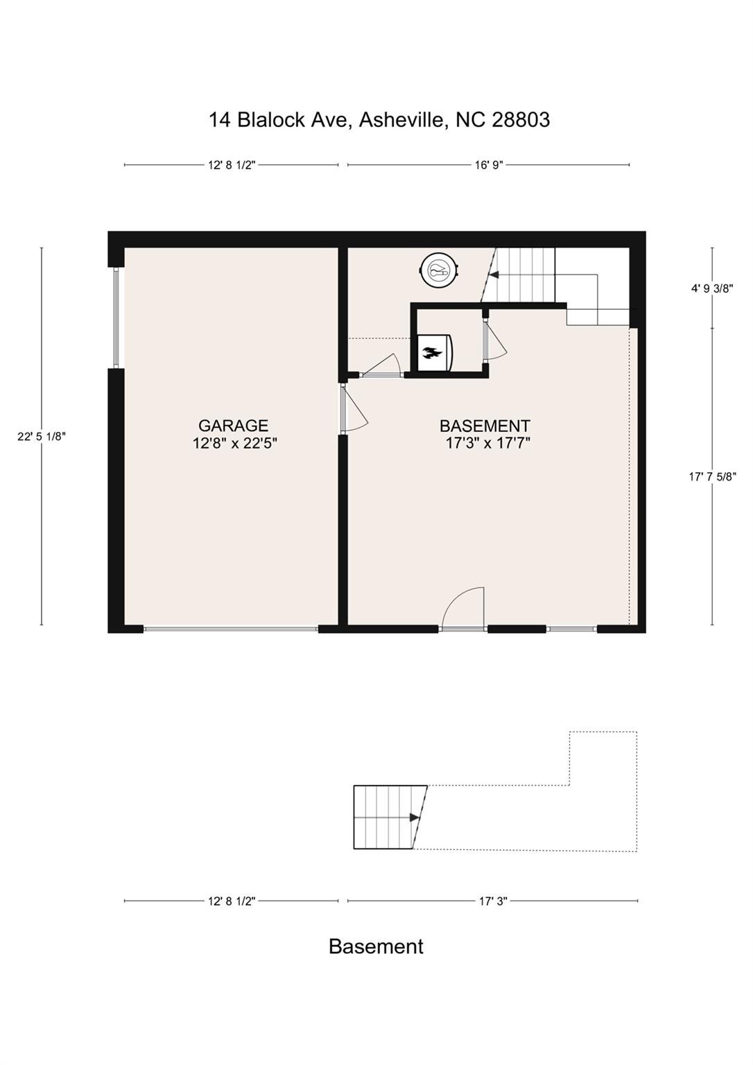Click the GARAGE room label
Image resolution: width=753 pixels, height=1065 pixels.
[x=233, y=424]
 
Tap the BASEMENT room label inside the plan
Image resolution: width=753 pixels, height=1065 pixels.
[x=485, y=425]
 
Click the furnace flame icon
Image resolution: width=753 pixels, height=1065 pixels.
[x=432, y=353]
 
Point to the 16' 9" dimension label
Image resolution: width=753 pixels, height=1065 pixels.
[x=489, y=165]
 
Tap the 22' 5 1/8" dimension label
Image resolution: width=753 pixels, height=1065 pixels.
[x=42, y=436]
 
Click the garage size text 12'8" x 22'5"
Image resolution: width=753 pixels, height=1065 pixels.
[x=235, y=444]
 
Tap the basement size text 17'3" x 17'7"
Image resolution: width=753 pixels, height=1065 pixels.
[x=487, y=444]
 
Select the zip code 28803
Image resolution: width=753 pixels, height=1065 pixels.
[x=521, y=120]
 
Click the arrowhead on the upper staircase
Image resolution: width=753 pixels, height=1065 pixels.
[x=494, y=275]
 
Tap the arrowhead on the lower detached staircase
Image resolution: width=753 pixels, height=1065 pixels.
[x=415, y=817]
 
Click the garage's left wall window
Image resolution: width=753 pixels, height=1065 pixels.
[x=116, y=318]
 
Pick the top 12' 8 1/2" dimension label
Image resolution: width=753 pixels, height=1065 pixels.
[x=232, y=165]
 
